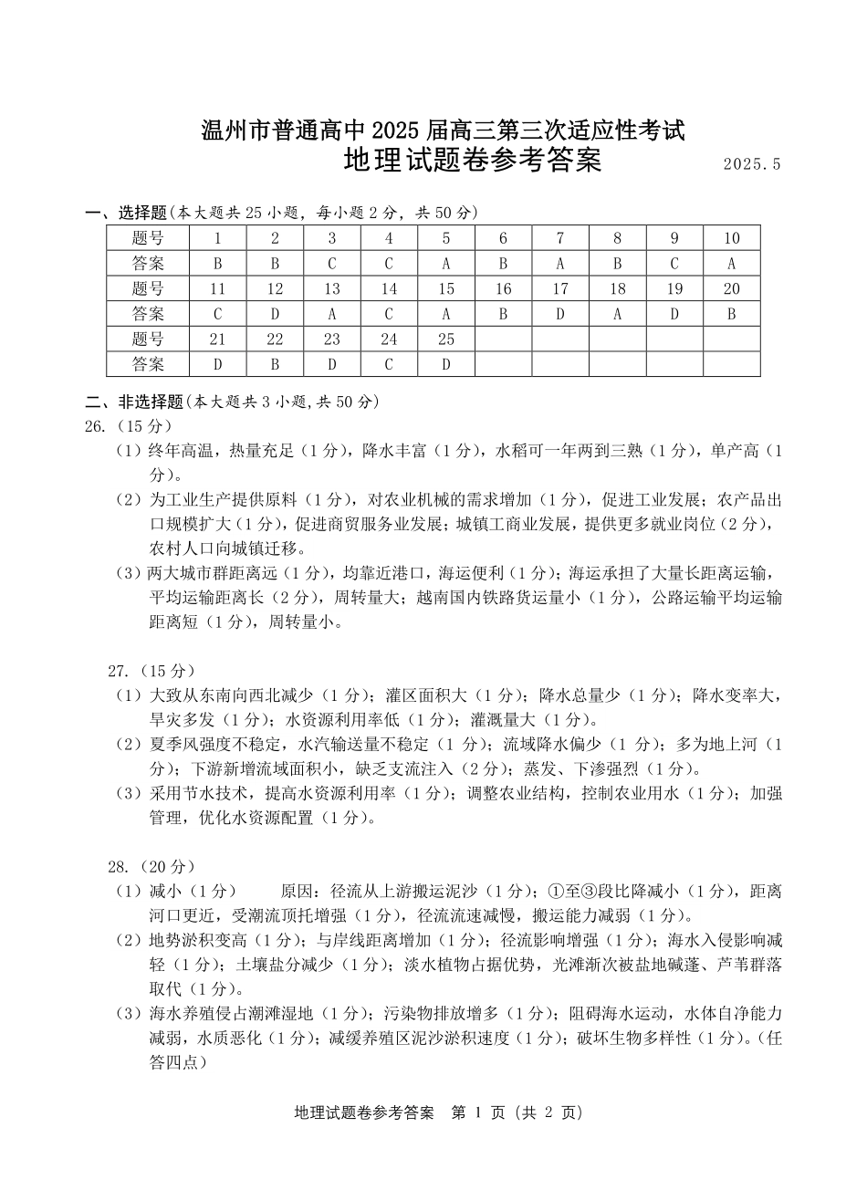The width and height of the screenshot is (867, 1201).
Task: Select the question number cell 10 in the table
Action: click(x=731, y=239)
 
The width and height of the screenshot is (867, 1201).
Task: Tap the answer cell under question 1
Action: click(x=218, y=265)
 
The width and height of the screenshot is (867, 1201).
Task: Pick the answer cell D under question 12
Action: click(x=275, y=315)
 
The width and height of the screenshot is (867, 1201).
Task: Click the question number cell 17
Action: click(x=559, y=289)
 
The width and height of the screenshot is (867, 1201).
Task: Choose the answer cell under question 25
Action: click(x=445, y=365)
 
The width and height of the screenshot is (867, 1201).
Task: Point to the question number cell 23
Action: click(x=331, y=339)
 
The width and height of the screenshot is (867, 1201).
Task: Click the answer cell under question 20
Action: click(x=731, y=315)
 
